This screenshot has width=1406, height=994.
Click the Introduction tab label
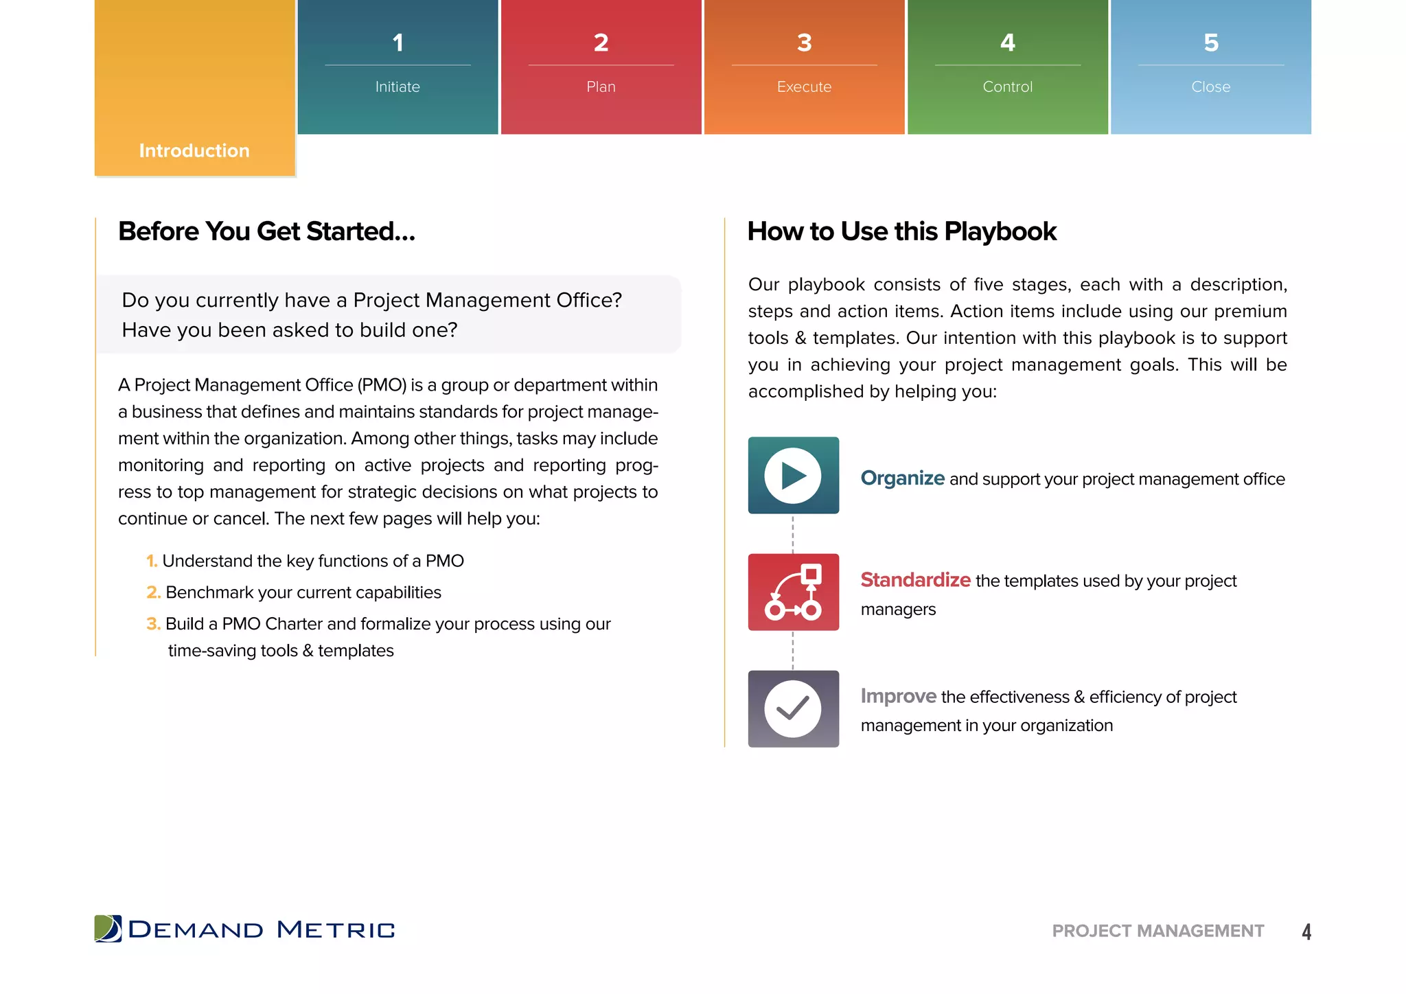point(194,150)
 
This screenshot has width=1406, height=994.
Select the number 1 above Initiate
point(397,43)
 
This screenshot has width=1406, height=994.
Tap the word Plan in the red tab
point(601,87)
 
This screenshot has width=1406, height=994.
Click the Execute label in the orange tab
point(804,87)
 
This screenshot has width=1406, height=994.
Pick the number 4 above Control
point(1007,43)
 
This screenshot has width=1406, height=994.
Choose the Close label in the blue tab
point(1210,87)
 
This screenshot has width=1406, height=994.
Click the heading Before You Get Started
point(266,231)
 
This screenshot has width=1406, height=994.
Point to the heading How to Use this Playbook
point(901,231)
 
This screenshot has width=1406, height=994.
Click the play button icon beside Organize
point(793,476)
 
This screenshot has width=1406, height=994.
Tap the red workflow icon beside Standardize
point(793,592)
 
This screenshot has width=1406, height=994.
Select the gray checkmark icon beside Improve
point(793,709)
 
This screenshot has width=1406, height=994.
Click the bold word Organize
point(902,478)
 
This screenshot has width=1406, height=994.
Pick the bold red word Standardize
point(915,580)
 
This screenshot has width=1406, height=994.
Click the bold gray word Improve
point(898,696)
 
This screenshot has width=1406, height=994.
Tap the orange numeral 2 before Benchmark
point(152,592)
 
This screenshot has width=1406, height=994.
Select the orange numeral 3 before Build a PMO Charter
point(152,624)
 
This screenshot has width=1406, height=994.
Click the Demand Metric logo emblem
point(108,929)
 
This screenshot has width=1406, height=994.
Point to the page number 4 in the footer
point(1306,932)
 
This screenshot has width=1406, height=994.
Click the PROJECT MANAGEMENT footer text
point(1157,931)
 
